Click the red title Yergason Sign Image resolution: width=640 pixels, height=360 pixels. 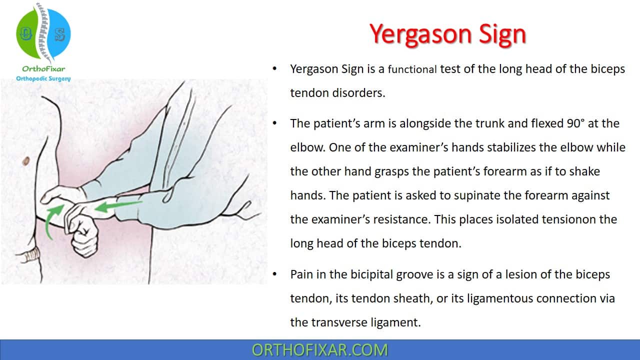(x=447, y=35)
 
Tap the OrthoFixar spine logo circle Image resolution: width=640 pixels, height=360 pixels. (x=43, y=33)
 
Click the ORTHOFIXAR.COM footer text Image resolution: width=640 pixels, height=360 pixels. (x=319, y=350)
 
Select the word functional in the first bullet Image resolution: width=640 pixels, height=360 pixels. (x=412, y=69)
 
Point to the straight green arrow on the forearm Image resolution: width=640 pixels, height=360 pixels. (x=118, y=206)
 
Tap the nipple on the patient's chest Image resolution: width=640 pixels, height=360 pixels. (x=25, y=161)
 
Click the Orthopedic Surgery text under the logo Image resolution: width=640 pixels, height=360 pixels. (x=43, y=78)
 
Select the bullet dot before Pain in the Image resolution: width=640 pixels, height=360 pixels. (x=274, y=274)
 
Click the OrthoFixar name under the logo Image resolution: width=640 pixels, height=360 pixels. (x=43, y=69)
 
